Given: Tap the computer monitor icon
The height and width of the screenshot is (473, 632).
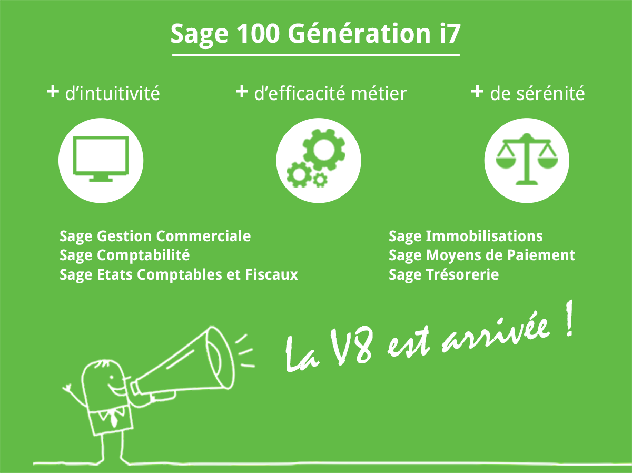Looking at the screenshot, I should click(101, 159).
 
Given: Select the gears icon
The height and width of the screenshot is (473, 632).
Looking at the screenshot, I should click(318, 159).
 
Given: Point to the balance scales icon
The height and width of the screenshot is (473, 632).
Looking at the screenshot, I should click(526, 159).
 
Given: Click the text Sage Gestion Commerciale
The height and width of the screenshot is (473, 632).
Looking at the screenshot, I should click(155, 236).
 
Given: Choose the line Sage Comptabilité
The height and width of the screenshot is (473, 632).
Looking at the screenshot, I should click(125, 255).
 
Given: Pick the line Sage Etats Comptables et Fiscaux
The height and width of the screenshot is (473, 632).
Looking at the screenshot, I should click(179, 274).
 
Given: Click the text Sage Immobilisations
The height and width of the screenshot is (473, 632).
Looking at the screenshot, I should click(466, 236).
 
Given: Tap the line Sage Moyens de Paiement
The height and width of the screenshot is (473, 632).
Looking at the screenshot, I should click(482, 255).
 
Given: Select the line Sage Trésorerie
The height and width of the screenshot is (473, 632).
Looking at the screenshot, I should click(443, 274).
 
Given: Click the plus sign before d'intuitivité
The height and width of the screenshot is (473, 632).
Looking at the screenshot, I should click(52, 92).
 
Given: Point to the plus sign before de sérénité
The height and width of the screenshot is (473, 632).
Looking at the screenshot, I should click(477, 92).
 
